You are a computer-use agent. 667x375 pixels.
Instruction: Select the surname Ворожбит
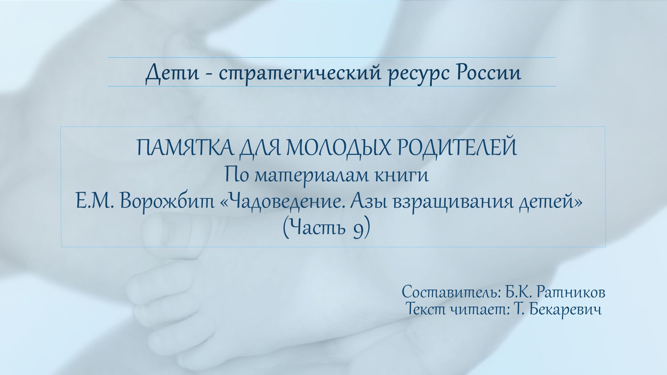(167, 202)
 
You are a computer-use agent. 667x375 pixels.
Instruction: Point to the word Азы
(368, 202)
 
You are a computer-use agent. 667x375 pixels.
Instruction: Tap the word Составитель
(451, 292)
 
